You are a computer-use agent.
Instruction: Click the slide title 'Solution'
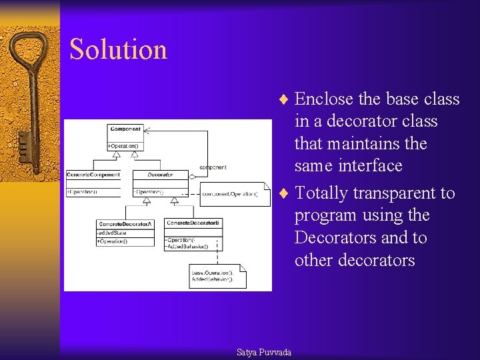pos(118,50)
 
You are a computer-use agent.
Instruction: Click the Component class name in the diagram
pos(125,129)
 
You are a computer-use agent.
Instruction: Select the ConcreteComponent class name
pos(93,175)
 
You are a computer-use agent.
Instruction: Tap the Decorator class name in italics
pos(160,175)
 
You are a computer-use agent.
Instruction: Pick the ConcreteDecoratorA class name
pos(125,223)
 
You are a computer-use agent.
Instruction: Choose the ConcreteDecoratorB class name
pos(194,223)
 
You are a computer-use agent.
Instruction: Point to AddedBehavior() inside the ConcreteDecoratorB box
pos(187,246)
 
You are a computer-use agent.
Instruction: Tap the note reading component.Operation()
pos(230,194)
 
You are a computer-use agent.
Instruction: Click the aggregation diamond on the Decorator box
pos(192,177)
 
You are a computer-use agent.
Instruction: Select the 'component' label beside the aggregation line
pos(213,167)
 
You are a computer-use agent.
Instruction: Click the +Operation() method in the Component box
pos(123,145)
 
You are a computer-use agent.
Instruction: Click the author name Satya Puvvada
pos(264,351)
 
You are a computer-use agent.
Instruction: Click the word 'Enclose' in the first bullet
pos(324,99)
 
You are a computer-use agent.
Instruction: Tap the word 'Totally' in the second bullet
pos(321,193)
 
